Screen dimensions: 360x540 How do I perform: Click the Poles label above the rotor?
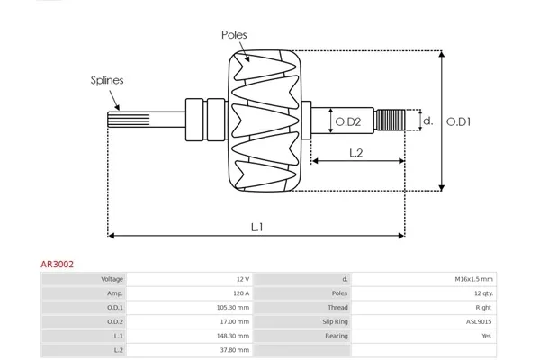(x=234, y=35)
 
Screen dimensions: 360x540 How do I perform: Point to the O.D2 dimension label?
(x=348, y=121)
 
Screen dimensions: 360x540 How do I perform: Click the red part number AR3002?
(x=57, y=265)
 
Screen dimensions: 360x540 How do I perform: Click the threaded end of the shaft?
(x=389, y=121)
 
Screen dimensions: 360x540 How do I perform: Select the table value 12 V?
(x=242, y=279)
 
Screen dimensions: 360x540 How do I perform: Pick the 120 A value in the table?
(x=240, y=293)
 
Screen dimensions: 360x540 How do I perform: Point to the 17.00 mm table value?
(x=237, y=321)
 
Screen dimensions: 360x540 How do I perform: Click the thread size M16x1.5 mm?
(x=473, y=279)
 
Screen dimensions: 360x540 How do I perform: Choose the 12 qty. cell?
(x=481, y=293)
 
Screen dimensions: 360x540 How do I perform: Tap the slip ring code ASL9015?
(x=480, y=321)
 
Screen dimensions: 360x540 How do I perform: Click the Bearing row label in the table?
(x=337, y=336)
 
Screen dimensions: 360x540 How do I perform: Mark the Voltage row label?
(x=112, y=279)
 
